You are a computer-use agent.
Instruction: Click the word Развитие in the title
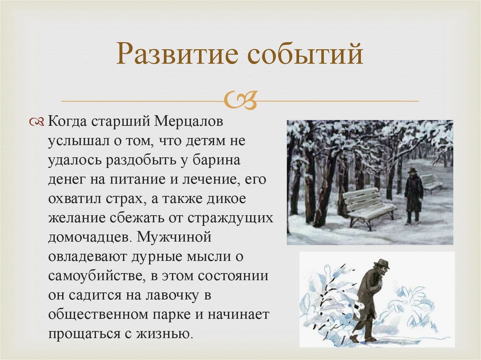coord(172,55)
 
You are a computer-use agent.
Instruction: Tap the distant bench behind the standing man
coord(430,182)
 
